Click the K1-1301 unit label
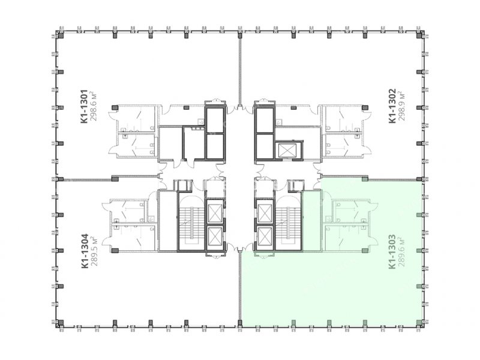click(x=84, y=107)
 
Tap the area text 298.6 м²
click(x=94, y=106)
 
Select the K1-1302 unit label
click(x=392, y=106)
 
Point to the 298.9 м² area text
click(x=401, y=106)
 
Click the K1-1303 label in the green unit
click(x=392, y=252)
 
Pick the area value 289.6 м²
click(x=401, y=251)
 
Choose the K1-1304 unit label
click(x=85, y=251)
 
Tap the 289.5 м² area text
click(x=94, y=251)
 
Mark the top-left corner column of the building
click(x=61, y=35)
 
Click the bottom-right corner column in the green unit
click(x=419, y=322)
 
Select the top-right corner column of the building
click(x=419, y=35)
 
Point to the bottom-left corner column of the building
click(x=61, y=322)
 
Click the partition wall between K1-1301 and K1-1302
click(x=240, y=70)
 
